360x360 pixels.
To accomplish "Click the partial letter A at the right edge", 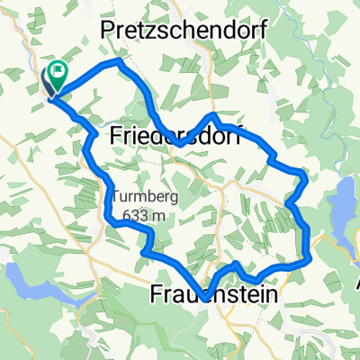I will point(356,283).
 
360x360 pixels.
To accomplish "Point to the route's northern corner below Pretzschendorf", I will point(117,62).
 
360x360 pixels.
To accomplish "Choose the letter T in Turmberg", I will point(116,197).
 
